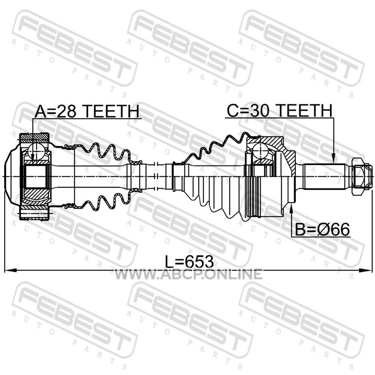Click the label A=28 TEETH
click(87, 111)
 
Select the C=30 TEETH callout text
click(279, 111)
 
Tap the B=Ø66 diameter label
click(322, 230)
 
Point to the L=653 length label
click(189, 262)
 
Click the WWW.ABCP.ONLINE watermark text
click(188, 274)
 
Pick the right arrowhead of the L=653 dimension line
click(366, 270)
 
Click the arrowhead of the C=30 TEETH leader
click(333, 158)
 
